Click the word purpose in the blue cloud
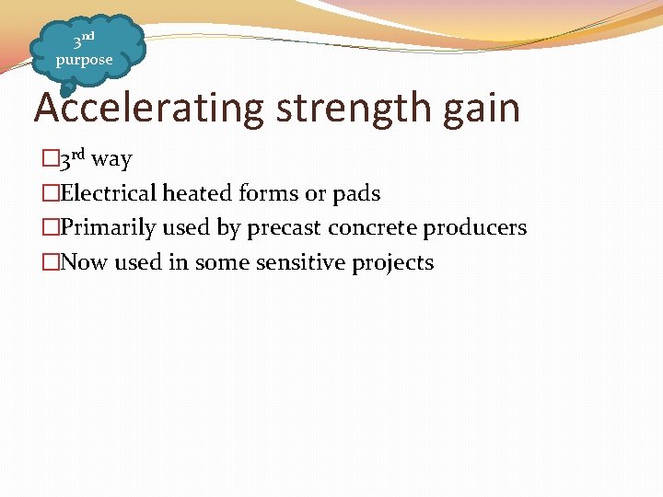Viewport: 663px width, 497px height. pos(84,61)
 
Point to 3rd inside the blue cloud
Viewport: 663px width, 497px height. pos(84,40)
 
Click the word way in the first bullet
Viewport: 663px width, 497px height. pos(111,160)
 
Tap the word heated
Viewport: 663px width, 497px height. pos(198,193)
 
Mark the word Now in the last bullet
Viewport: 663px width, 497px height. pos(85,263)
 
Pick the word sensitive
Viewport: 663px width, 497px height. pos(301,263)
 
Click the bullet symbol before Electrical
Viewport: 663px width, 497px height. pos(51,194)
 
